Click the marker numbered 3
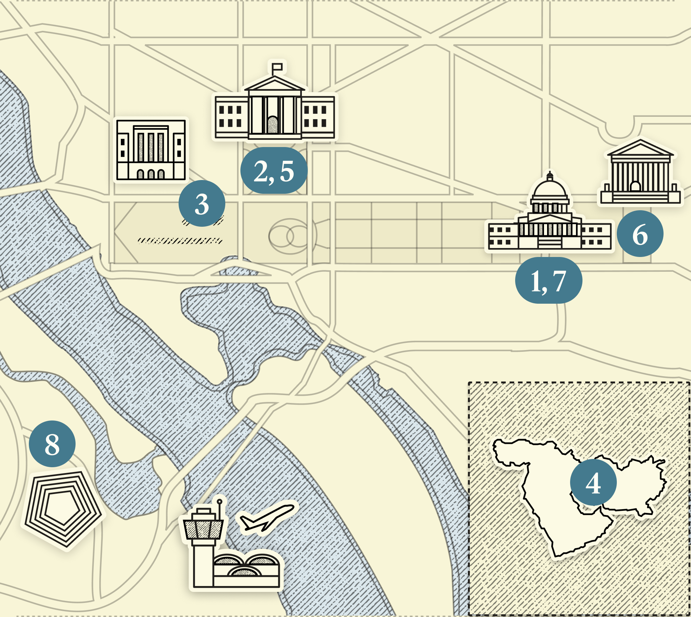tap(202, 203)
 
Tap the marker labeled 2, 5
tap(274, 170)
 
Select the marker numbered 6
tap(640, 234)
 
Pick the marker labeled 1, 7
tap(548, 280)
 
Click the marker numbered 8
tap(52, 444)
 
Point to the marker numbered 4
tap(593, 482)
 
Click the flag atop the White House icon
tap(277, 67)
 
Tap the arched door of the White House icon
tap(273, 125)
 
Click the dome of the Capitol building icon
tap(550, 189)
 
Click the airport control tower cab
tap(203, 528)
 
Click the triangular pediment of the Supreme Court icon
tap(640, 149)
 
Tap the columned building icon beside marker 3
tap(151, 149)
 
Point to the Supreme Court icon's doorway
tap(635, 187)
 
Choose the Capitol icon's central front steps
tap(550, 243)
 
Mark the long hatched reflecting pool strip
tap(180, 240)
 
